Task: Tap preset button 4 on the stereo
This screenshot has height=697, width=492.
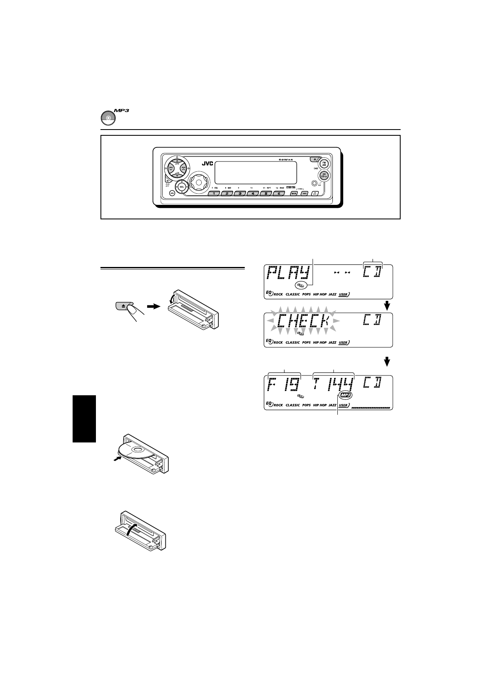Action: (253, 193)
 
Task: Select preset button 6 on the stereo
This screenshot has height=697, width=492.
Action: (279, 193)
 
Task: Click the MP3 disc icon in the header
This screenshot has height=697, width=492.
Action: (107, 118)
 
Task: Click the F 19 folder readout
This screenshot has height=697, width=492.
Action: (285, 385)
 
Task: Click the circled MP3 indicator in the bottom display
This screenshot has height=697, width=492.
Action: (344, 396)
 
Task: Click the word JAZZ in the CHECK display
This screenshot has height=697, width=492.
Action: (332, 342)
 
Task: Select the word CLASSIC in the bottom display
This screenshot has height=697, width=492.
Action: (293, 405)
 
